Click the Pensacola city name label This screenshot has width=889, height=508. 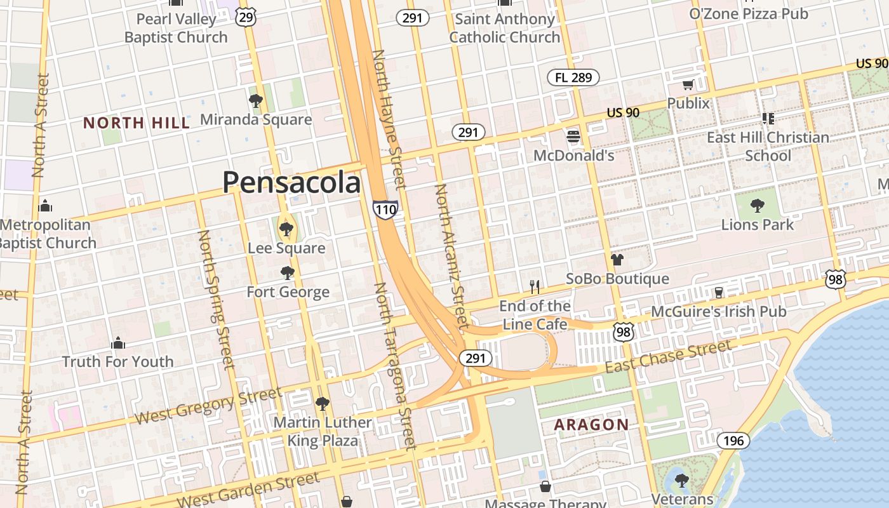291,183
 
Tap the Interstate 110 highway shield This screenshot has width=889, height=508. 385,209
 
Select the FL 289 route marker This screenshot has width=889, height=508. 573,77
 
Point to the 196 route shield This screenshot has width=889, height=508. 733,440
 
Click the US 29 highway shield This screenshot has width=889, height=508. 246,17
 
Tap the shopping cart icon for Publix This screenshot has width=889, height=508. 688,85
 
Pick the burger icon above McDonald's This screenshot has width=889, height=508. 573,137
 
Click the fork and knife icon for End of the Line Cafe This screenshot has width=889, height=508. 535,287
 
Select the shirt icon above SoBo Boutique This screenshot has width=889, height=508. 617,260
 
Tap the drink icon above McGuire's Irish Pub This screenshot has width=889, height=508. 719,292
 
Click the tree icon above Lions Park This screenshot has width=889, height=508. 757,206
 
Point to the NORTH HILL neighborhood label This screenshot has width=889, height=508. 137,123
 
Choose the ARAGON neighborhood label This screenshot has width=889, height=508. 591,425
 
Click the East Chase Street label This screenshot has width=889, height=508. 667,357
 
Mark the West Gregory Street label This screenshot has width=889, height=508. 209,406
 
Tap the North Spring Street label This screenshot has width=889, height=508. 216,299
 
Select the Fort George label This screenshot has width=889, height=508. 288,292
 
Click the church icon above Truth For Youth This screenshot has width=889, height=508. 118,344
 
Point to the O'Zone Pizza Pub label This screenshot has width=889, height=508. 749,13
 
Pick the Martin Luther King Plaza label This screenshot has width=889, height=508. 322,431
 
